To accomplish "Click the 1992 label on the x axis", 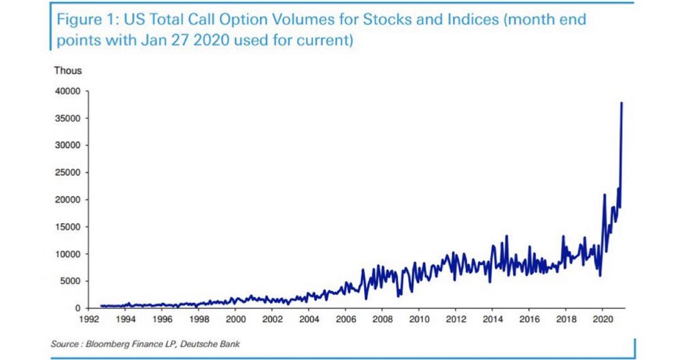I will pyautogui.click(x=89, y=319).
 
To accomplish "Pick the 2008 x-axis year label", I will pyautogui.click(x=382, y=319).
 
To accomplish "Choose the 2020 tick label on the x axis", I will pyautogui.click(x=602, y=319).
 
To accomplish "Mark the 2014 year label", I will pyautogui.click(x=492, y=319).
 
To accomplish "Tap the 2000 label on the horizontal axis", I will pyautogui.click(x=235, y=319).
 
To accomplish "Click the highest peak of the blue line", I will pyautogui.click(x=621, y=102).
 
